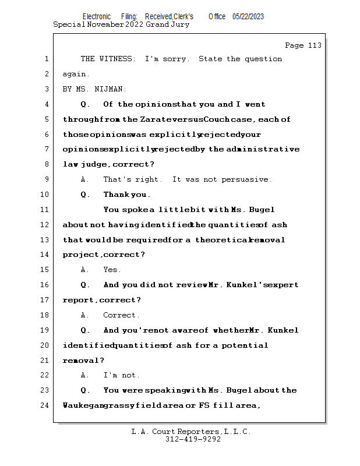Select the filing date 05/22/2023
(248, 17)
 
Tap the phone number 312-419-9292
(193, 439)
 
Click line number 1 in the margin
(45, 59)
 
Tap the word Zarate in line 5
(154, 119)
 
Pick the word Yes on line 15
(111, 270)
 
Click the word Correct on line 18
(121, 315)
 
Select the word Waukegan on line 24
(82, 405)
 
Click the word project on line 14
(81, 255)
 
